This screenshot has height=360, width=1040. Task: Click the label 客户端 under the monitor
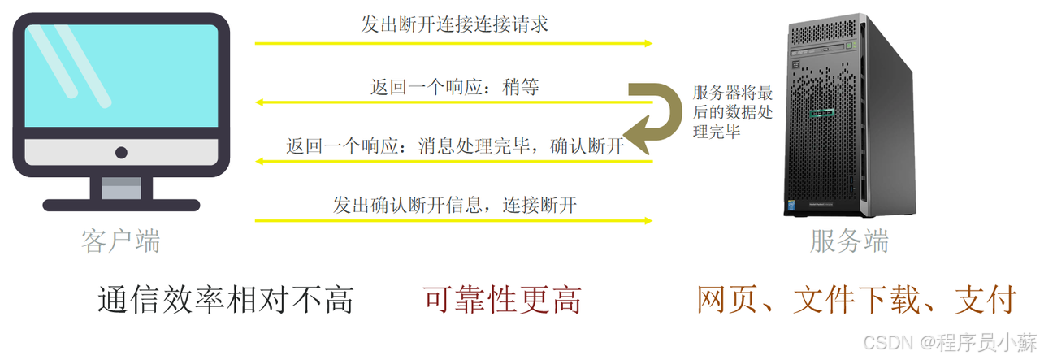(121, 241)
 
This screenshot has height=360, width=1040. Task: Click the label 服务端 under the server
(850, 241)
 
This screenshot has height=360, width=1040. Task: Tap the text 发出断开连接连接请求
(454, 24)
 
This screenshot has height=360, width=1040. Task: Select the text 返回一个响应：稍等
(454, 87)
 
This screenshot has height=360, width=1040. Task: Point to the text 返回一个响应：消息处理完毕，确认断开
(455, 146)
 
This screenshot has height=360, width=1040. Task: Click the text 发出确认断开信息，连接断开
(454, 205)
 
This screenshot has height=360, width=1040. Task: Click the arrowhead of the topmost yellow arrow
(648, 43)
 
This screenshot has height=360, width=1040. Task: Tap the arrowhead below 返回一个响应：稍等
(262, 102)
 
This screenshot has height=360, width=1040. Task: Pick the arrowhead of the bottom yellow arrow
(648, 220)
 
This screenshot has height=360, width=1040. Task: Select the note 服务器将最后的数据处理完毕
(732, 112)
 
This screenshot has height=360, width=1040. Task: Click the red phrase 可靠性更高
(502, 300)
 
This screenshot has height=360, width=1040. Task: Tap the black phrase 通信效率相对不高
(226, 300)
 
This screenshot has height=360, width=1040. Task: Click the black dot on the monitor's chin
(121, 152)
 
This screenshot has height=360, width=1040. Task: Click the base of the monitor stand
(121, 206)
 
